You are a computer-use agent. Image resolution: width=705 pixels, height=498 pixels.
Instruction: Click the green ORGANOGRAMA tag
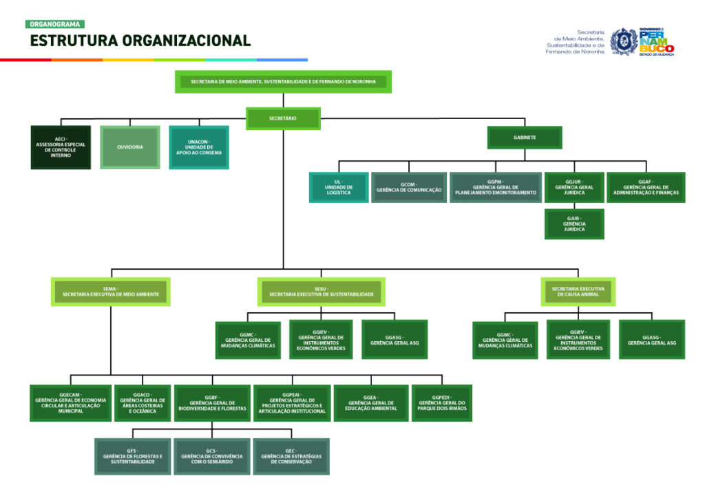(x=55, y=24)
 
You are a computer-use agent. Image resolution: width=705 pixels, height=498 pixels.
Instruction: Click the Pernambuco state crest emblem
(x=623, y=41)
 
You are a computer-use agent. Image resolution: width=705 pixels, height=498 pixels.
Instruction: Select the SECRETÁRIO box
(x=283, y=118)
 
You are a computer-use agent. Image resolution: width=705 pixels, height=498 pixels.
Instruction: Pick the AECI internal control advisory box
(x=61, y=147)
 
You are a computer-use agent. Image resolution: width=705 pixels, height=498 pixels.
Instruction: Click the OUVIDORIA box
(x=130, y=147)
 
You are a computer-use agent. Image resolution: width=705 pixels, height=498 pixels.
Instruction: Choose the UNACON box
(x=199, y=147)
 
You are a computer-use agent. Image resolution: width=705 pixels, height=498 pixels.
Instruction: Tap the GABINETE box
(x=525, y=138)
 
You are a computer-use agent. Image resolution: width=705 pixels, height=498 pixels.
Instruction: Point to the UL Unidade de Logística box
(x=339, y=188)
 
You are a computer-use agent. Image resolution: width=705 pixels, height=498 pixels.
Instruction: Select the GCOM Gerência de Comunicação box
(x=409, y=188)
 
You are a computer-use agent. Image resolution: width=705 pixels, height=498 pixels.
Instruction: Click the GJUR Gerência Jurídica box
(x=574, y=224)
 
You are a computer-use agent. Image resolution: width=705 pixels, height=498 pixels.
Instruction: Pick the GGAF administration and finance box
(x=645, y=188)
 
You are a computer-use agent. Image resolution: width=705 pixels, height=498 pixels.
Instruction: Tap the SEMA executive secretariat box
(x=110, y=292)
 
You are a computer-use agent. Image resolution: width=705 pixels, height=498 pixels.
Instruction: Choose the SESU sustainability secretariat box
(x=321, y=292)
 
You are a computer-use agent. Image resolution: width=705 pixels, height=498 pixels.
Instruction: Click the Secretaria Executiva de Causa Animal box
(x=578, y=292)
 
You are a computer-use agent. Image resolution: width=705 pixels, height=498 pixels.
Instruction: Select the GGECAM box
(x=71, y=403)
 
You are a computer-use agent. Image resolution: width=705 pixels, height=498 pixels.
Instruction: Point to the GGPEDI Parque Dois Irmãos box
(x=441, y=403)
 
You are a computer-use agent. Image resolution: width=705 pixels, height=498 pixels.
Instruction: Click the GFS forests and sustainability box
(x=132, y=457)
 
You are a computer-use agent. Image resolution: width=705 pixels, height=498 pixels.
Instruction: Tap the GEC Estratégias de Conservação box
(x=291, y=457)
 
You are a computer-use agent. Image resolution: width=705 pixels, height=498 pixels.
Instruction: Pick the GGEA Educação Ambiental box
(x=371, y=403)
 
